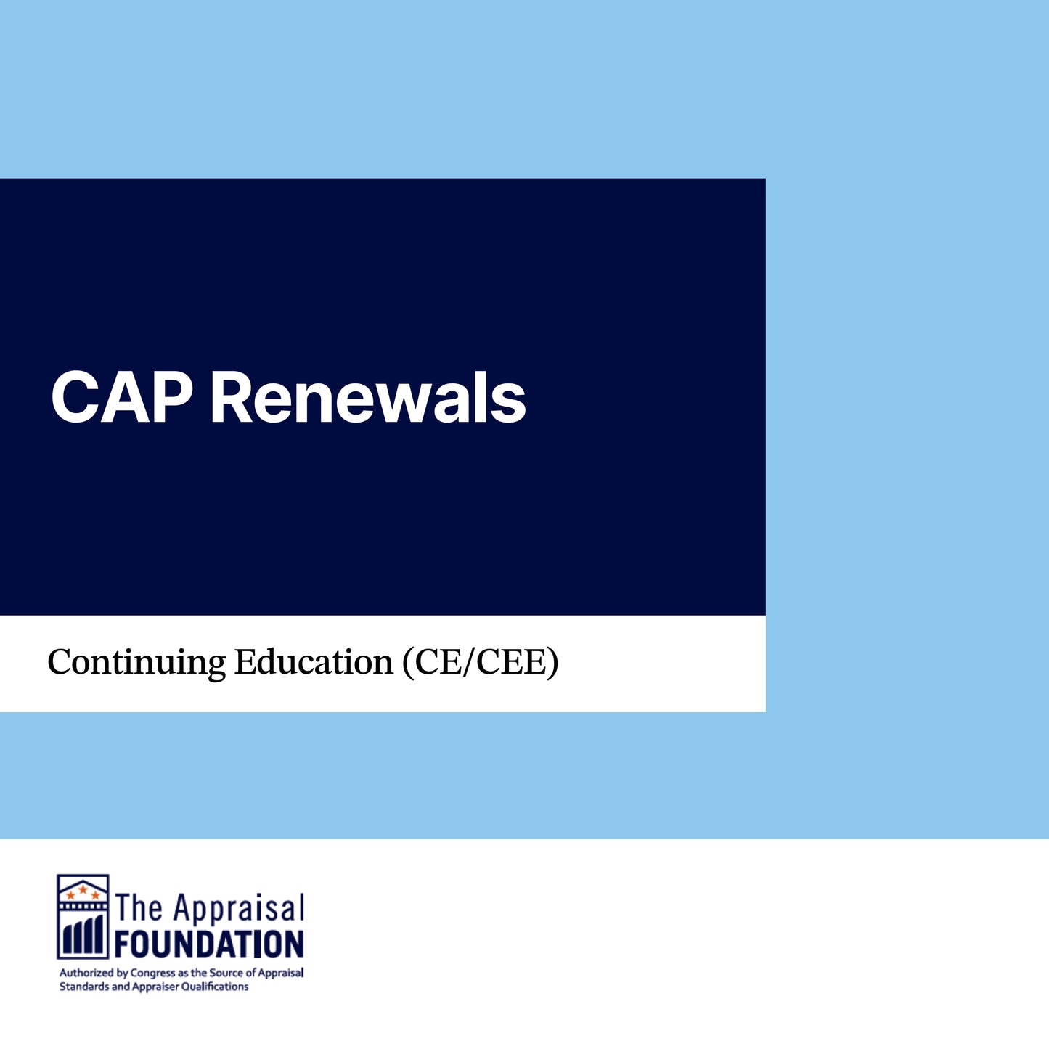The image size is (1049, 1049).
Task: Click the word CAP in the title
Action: pyautogui.click(x=122, y=397)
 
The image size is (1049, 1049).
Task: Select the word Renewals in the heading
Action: pyautogui.click(x=369, y=397)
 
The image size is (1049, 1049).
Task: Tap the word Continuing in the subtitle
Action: pyautogui.click(x=136, y=664)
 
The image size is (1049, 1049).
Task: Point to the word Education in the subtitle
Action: pyautogui.click(x=314, y=662)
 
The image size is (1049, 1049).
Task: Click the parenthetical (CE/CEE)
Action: pyautogui.click(x=481, y=663)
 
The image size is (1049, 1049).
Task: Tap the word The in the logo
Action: pyautogui.click(x=139, y=907)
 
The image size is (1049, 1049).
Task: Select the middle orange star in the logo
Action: pyautogui.click(x=83, y=889)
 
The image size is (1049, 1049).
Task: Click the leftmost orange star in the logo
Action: pyautogui.click(x=70, y=895)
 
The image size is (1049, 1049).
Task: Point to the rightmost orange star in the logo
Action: pyautogui.click(x=95, y=895)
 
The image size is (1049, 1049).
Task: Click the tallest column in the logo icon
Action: pyautogui.click(x=98, y=934)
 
